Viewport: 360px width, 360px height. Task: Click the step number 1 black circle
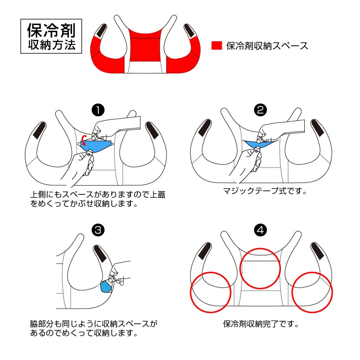(97, 110)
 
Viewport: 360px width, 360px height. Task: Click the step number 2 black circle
(261, 110)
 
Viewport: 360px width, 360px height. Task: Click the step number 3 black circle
(97, 230)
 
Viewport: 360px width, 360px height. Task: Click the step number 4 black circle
(261, 230)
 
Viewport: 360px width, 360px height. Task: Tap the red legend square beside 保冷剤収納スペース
(216, 46)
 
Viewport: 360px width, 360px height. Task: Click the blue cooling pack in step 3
(105, 287)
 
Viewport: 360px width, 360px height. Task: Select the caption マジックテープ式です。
(264, 191)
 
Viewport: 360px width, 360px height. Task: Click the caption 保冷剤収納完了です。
(261, 324)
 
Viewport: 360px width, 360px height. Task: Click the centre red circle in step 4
(260, 268)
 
